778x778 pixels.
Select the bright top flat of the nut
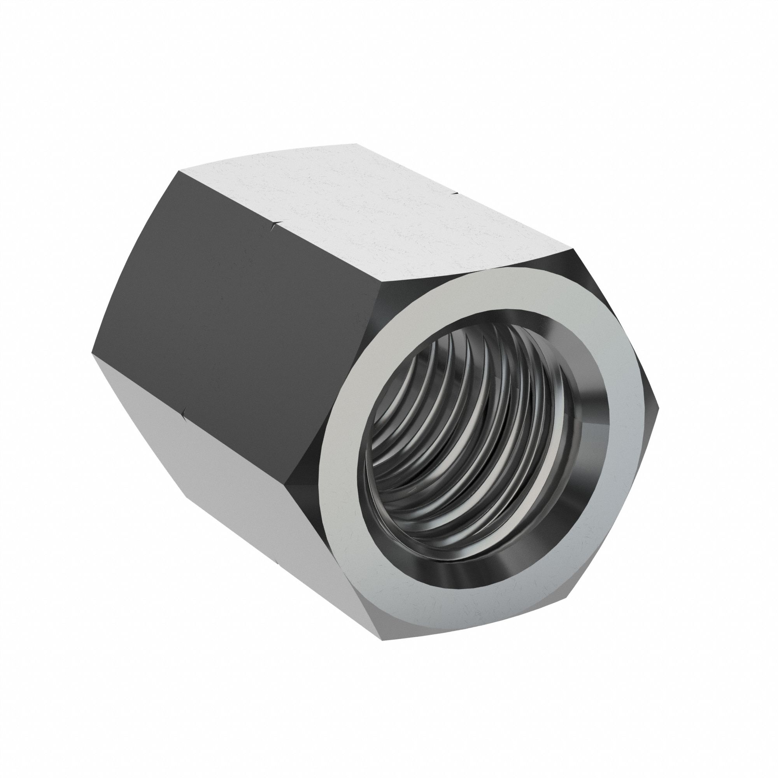[x=363, y=209]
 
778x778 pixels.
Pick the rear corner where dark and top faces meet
[x=177, y=171]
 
